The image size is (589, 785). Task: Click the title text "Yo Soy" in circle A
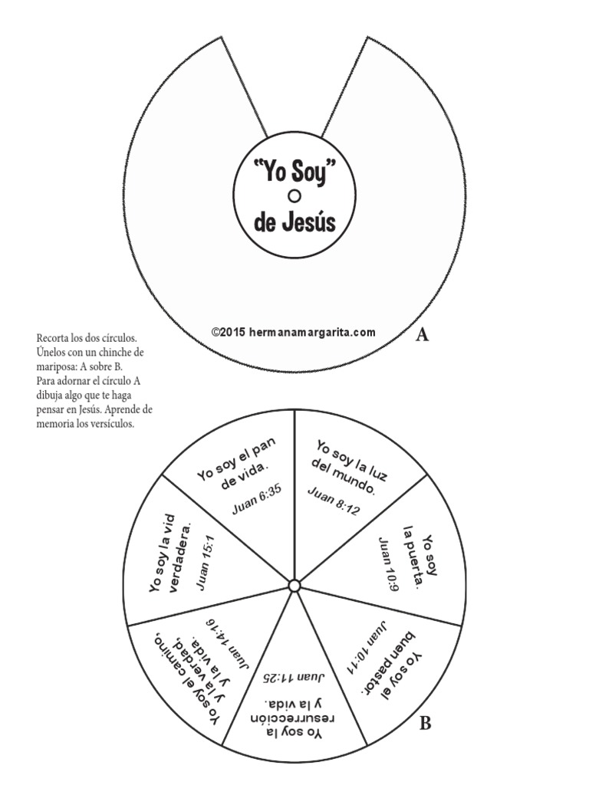[294, 172]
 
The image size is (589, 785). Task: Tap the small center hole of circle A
[294, 197]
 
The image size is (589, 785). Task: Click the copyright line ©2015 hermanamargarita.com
[294, 332]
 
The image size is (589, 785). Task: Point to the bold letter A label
[421, 334]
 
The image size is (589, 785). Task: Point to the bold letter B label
[426, 722]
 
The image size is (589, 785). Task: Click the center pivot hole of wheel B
[294, 586]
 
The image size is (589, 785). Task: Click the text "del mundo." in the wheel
[343, 476]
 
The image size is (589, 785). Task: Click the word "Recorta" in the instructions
[51, 337]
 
